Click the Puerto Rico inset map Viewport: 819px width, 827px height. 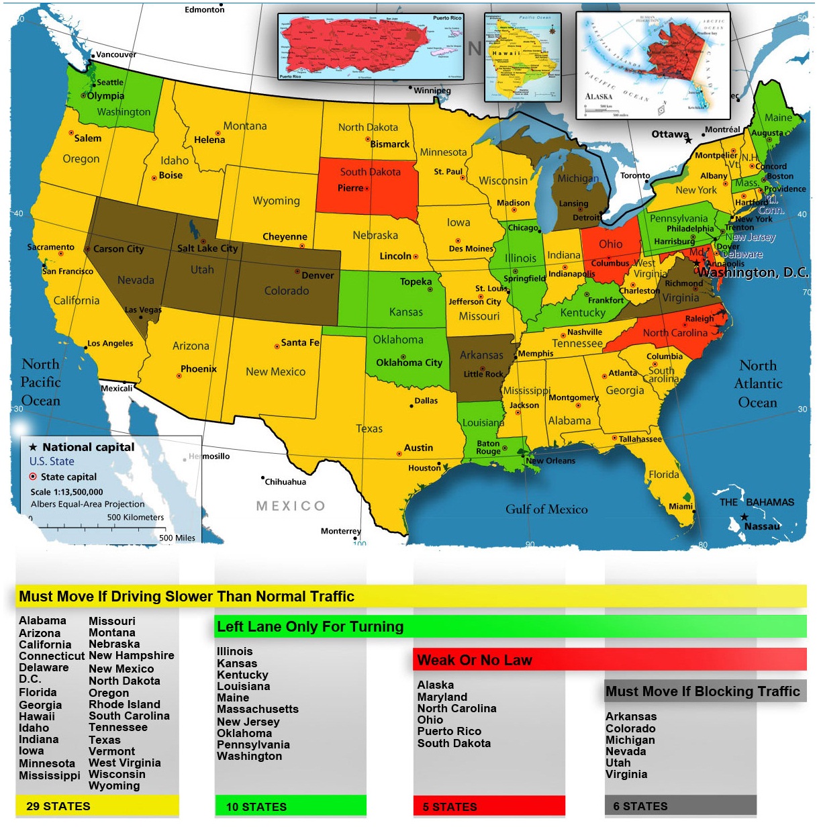pos(371,46)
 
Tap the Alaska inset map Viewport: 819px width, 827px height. pos(652,66)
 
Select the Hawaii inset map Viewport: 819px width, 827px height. pos(522,56)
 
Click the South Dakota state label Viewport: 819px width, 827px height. pos(370,172)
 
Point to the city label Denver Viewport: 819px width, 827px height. pos(318,275)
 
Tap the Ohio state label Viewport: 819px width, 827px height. pos(610,244)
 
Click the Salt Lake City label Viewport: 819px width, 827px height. pos(207,248)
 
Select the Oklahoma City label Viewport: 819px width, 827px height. pos(409,362)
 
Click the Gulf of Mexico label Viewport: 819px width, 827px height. pos(546,509)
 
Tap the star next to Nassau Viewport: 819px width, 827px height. pos(744,517)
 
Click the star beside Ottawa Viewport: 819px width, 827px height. pos(688,140)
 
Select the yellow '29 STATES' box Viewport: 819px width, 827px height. pos(97,806)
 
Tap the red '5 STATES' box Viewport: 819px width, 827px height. pos(489,806)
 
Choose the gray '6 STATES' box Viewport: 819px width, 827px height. pos(680,806)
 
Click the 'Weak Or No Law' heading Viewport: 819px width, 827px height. pos(475,661)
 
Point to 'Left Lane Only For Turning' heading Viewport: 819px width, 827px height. pos(310,627)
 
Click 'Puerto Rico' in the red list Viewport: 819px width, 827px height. pos(449,731)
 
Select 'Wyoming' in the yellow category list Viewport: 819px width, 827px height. pos(114,785)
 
